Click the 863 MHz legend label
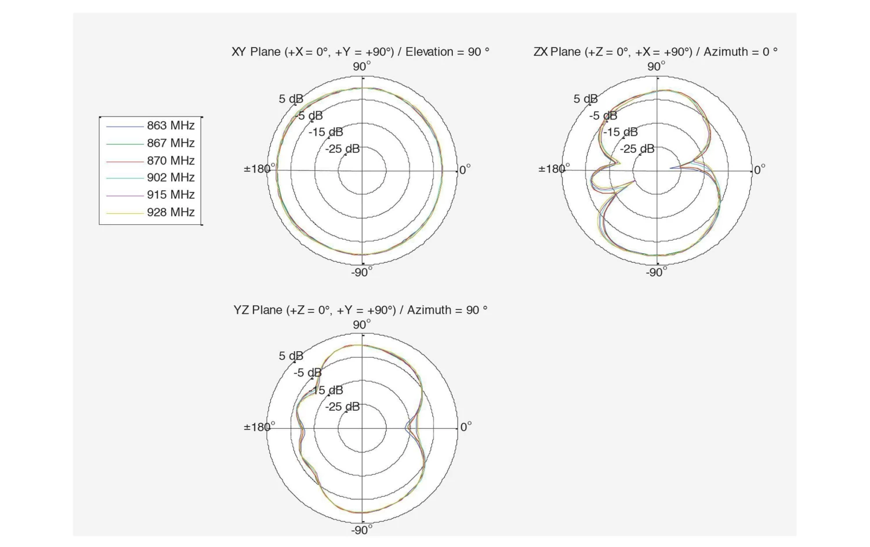171,125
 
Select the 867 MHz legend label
171,143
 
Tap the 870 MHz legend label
171,161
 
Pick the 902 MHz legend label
171,177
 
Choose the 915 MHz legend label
171,194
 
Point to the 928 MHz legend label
171,212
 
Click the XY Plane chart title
360,52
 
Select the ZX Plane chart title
655,52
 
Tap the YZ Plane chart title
360,310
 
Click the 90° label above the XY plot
361,66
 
